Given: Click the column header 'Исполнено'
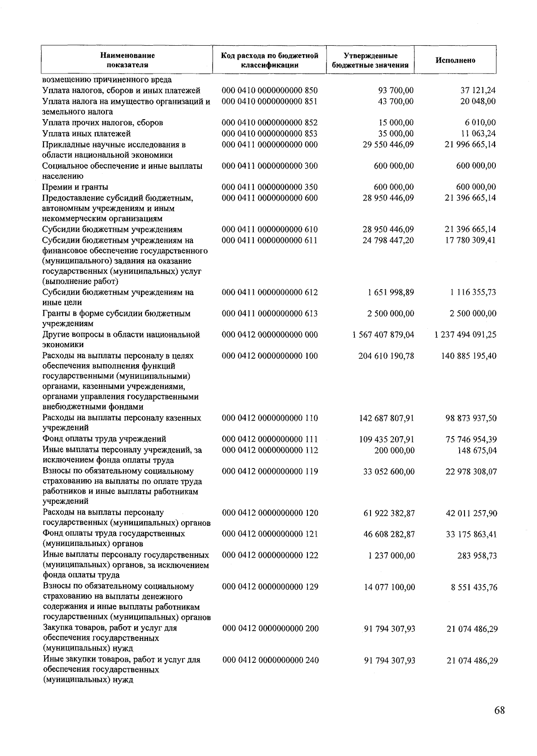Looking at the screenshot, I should (456, 60).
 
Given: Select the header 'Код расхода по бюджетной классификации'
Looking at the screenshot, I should (269, 60).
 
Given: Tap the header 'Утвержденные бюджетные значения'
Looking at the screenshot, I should (370, 60).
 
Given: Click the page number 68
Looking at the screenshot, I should (500, 710).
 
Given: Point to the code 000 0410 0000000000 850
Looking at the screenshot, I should (269, 90).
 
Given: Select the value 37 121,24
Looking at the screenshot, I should (478, 90).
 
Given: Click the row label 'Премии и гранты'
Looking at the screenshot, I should (75, 187).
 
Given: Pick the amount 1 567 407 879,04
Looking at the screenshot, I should (383, 335).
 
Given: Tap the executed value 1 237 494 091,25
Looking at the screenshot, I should (465, 335).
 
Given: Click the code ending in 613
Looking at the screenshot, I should (269, 314).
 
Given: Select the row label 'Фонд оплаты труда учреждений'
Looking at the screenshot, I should (104, 439).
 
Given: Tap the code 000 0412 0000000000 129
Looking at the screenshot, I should (270, 587).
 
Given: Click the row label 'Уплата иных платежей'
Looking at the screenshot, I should (86, 133).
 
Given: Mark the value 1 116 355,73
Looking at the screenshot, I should (473, 292).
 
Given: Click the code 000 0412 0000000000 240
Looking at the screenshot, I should (270, 660).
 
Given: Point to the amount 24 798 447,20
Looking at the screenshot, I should (388, 241).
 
